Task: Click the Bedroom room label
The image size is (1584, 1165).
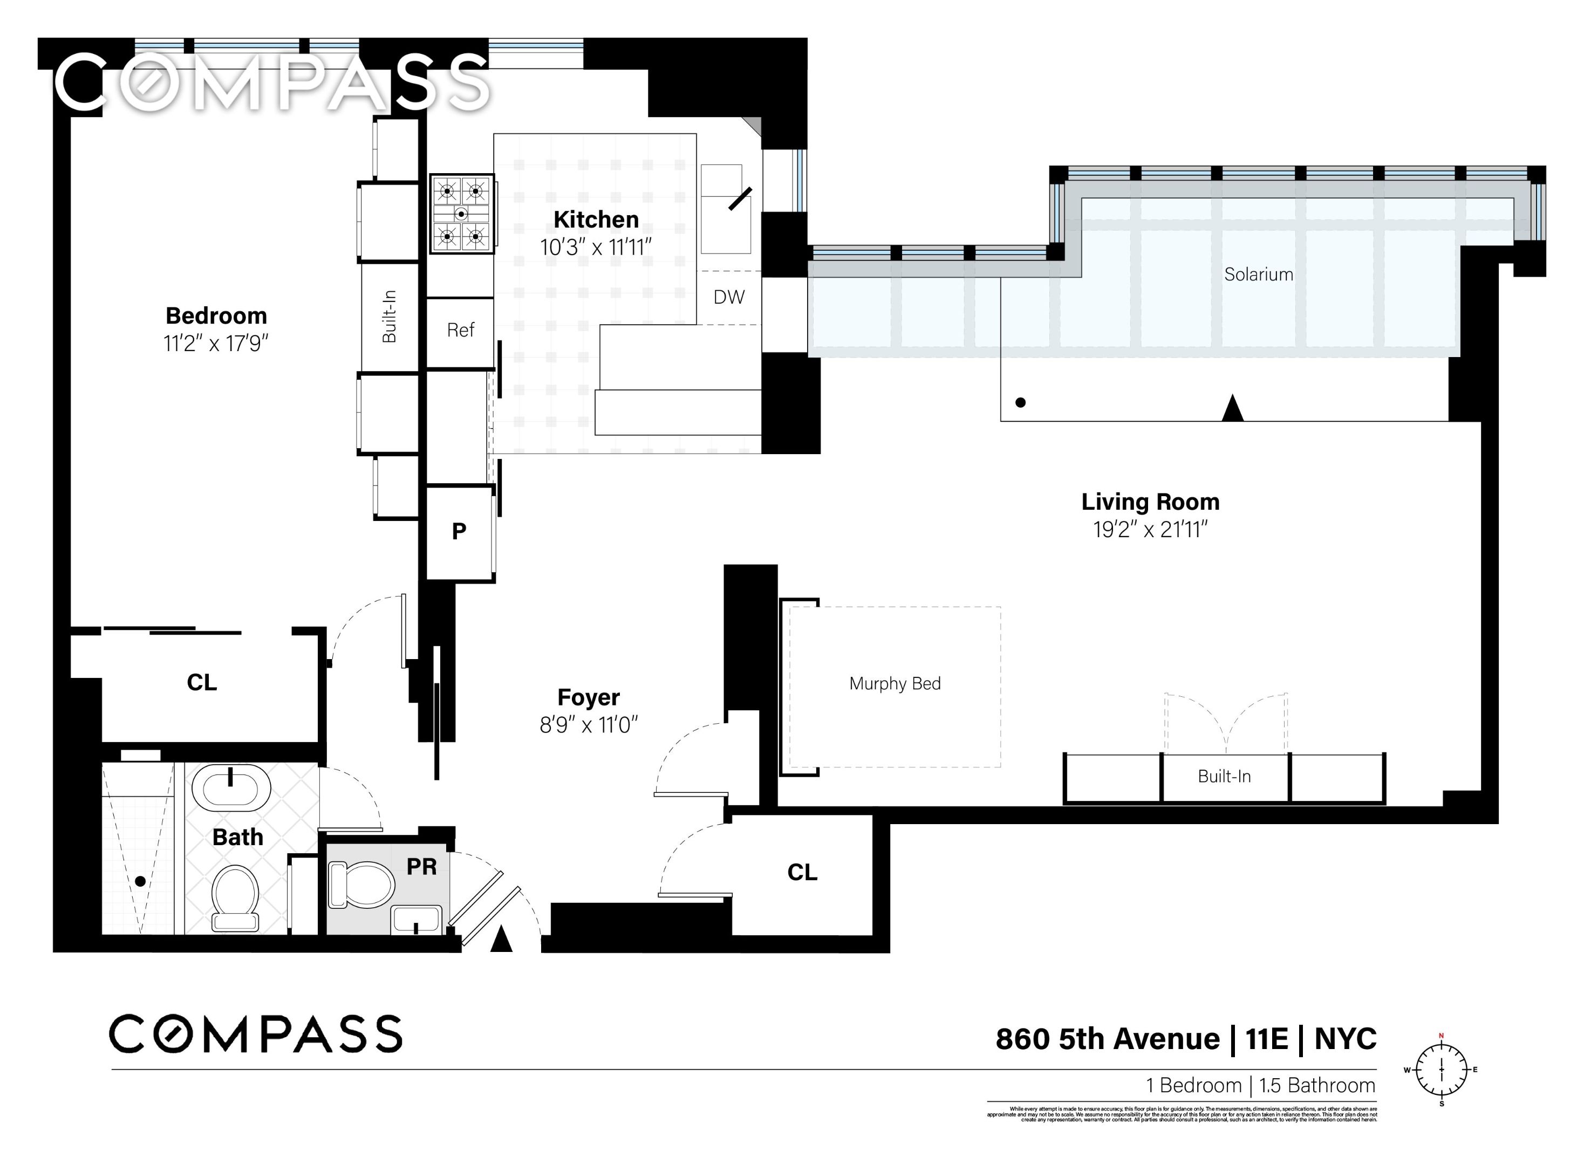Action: click(216, 315)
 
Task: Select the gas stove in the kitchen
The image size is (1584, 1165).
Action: click(461, 214)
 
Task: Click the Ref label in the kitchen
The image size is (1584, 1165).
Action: click(461, 330)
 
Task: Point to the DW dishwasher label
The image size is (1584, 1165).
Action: click(728, 297)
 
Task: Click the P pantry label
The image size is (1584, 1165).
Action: click(459, 531)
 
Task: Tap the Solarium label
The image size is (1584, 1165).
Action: click(1258, 275)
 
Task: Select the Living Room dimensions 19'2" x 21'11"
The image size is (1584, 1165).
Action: click(1150, 529)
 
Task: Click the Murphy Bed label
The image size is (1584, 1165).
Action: click(895, 683)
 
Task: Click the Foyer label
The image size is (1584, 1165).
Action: click(588, 697)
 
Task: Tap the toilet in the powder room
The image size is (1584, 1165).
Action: click(361, 885)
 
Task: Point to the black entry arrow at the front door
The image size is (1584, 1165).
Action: click(501, 940)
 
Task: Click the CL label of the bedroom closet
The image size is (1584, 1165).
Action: click(202, 682)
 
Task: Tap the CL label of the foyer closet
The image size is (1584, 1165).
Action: click(802, 872)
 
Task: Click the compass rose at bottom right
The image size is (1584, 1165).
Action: click(1442, 1070)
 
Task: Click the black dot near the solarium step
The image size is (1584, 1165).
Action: click(1020, 403)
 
